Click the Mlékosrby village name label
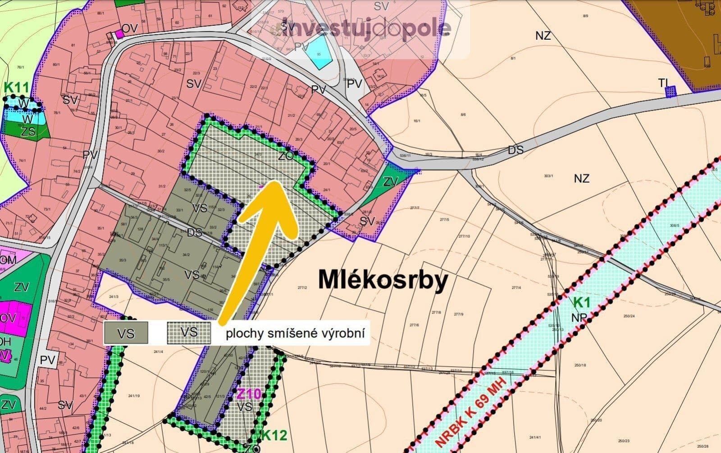pos(383,280)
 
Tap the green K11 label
pos(16,87)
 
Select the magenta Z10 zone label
pos(248,394)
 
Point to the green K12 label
pos(274,435)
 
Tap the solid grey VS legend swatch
pos(126,333)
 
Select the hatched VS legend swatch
pos(189,333)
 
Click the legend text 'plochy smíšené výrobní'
pos(295,334)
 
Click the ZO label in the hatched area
pos(286,156)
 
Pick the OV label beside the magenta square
pos(130,29)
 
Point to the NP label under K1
pos(579,317)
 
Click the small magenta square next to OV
pos(119,34)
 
